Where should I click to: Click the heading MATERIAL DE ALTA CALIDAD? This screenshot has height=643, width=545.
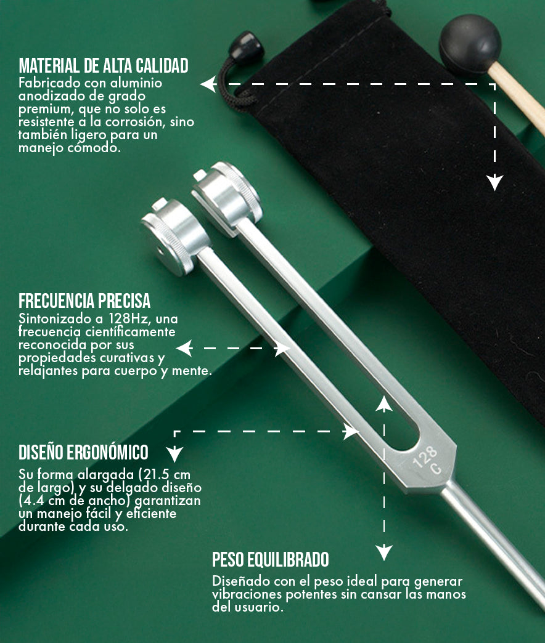tap(104, 66)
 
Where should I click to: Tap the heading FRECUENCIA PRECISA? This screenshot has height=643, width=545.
tap(84, 301)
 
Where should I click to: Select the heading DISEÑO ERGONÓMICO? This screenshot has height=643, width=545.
tap(83, 452)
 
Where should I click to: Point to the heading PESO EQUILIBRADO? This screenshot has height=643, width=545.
tap(271, 559)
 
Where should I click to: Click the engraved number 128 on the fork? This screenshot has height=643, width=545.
tap(425, 457)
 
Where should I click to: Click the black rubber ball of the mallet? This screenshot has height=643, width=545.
tap(470, 44)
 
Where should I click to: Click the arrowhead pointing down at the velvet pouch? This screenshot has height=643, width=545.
tap(495, 182)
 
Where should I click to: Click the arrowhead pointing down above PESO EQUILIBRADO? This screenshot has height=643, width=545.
tap(384, 552)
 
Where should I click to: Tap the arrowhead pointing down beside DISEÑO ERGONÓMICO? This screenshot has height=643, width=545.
tap(174, 454)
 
